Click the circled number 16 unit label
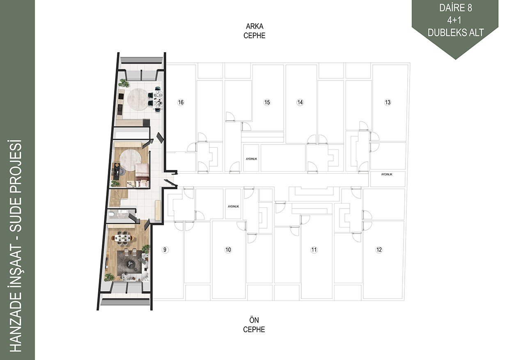point(181,103)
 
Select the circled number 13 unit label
point(387,103)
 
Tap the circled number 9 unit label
point(165,250)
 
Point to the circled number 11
point(314,250)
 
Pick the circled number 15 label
point(267,103)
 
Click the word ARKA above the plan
point(254,26)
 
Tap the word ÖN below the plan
point(254,320)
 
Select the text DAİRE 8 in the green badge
point(456,8)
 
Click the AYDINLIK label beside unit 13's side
point(387,174)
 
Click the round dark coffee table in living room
point(130,264)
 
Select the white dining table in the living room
point(124,238)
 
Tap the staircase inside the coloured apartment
point(119,198)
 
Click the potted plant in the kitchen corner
point(125,83)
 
